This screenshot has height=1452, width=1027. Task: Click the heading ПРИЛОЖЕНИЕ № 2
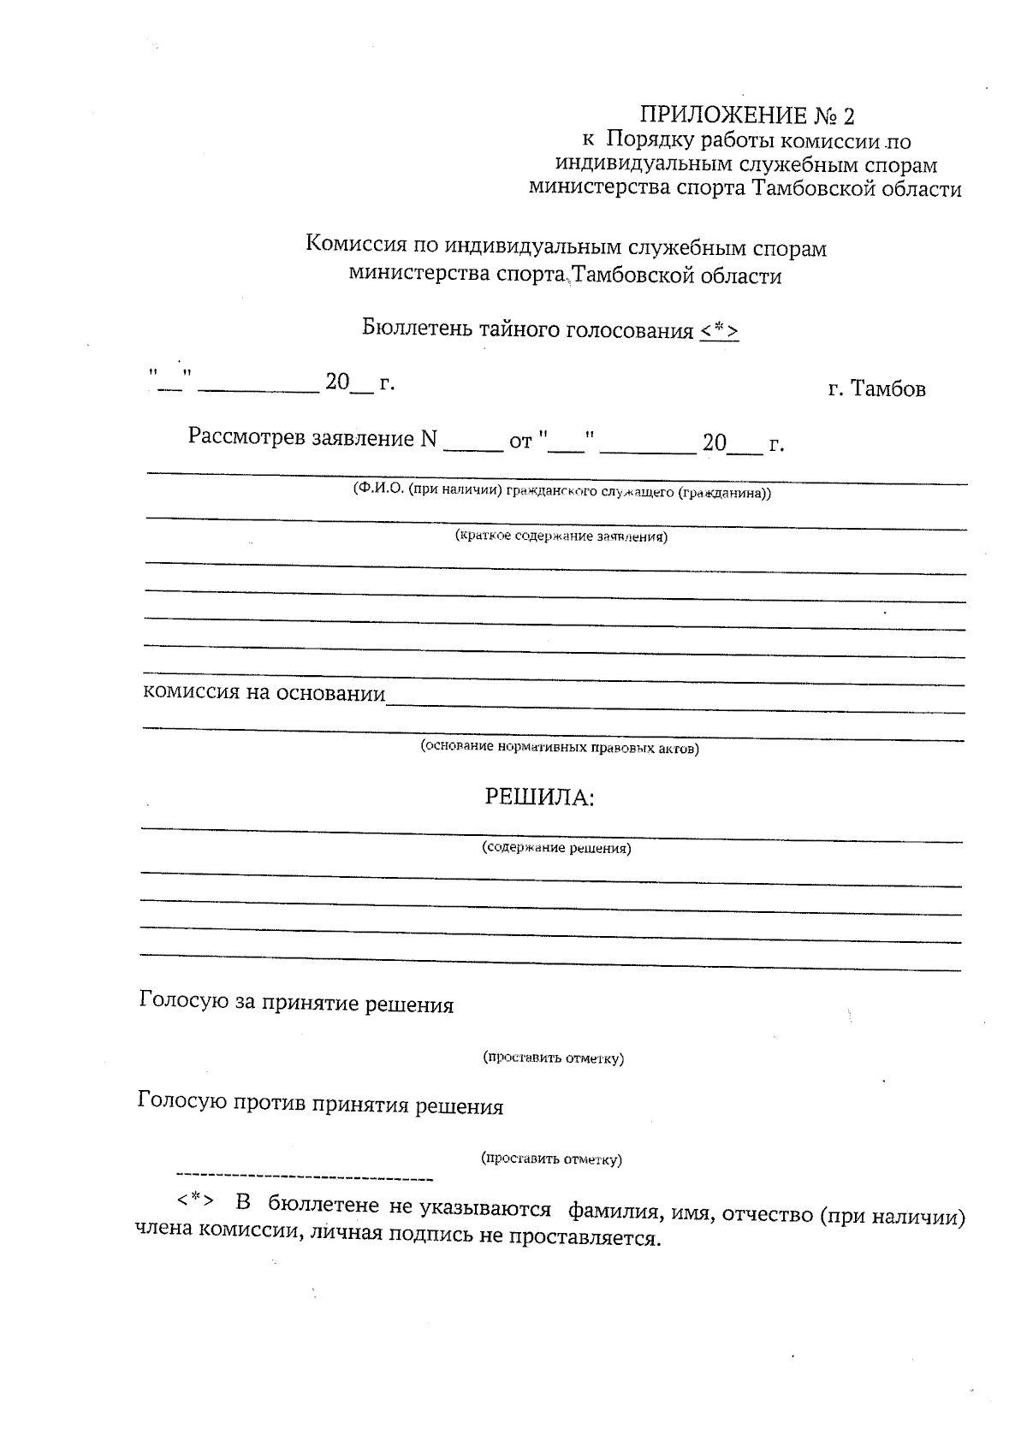click(747, 116)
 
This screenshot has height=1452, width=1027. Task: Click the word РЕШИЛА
click(539, 797)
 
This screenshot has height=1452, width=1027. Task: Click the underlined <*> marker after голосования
click(719, 331)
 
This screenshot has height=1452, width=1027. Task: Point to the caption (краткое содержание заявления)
click(561, 536)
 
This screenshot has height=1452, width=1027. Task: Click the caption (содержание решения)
click(556, 848)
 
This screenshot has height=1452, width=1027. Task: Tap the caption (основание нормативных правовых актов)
click(559, 748)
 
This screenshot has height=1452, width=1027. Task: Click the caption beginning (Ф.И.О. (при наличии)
click(561, 493)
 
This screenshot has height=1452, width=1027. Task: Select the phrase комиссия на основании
click(264, 692)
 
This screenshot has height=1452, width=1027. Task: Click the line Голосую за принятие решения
click(296, 1004)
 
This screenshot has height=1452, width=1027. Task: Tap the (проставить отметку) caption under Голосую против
click(552, 1159)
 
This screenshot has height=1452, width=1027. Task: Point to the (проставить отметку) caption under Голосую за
click(554, 1058)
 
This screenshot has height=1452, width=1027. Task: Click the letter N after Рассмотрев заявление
click(429, 440)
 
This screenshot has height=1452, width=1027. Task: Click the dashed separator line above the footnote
click(304, 1178)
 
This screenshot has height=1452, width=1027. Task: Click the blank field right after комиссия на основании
click(676, 701)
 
